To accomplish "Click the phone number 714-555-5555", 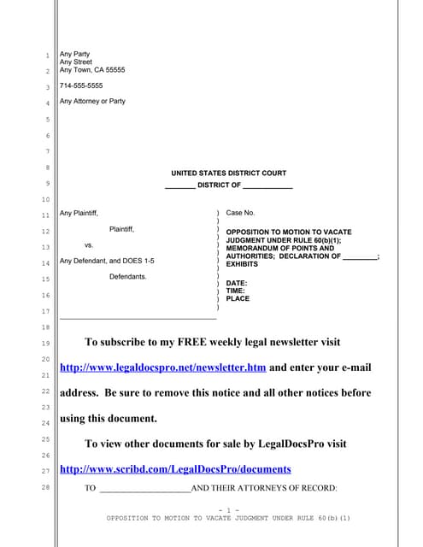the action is pyautogui.click(x=81, y=85).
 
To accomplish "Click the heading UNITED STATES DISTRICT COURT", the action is pyautogui.click(x=228, y=173).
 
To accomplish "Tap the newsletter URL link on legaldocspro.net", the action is pyautogui.click(x=163, y=368).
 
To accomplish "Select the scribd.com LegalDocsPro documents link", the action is pyautogui.click(x=175, y=469).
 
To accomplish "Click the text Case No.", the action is pyautogui.click(x=240, y=212).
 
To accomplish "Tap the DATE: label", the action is pyautogui.click(x=237, y=283).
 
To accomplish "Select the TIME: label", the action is pyautogui.click(x=236, y=291).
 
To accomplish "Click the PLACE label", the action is pyautogui.click(x=238, y=299).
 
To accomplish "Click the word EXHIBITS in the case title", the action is pyautogui.click(x=242, y=265).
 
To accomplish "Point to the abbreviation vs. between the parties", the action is pyautogui.click(x=89, y=244).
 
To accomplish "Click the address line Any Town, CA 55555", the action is pyautogui.click(x=91, y=70).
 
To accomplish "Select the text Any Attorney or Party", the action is pyautogui.click(x=92, y=101).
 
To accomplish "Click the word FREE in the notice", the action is pyautogui.click(x=195, y=342).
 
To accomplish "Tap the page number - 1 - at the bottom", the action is pyautogui.click(x=228, y=509).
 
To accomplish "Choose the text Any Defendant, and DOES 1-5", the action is pyautogui.click(x=107, y=261).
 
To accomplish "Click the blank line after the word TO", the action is pyautogui.click(x=144, y=489).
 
